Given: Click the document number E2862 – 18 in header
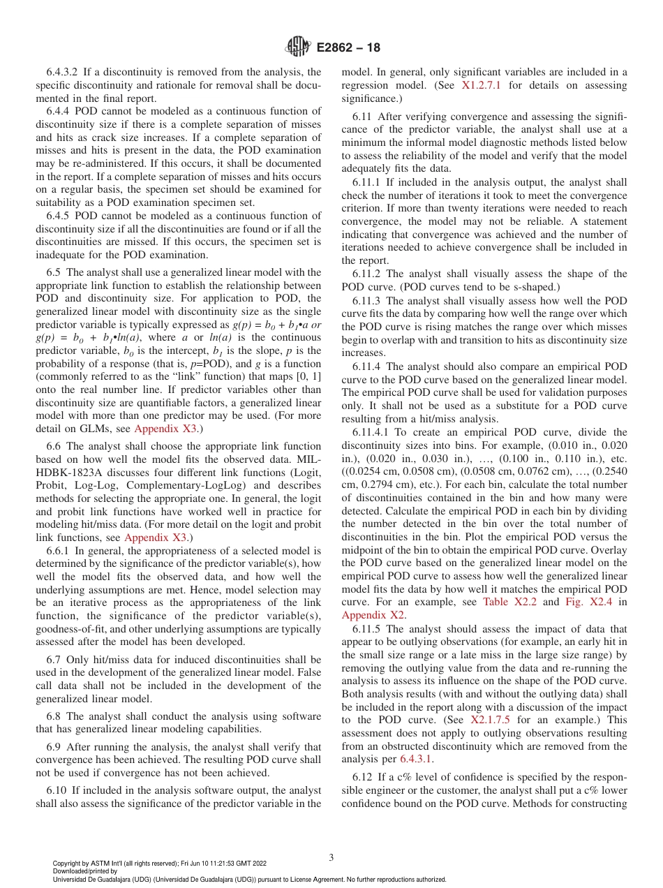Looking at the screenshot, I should tap(348, 48).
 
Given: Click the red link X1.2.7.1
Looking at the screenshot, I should tap(485, 85).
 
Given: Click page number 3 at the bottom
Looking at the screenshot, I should tap(331, 857).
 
